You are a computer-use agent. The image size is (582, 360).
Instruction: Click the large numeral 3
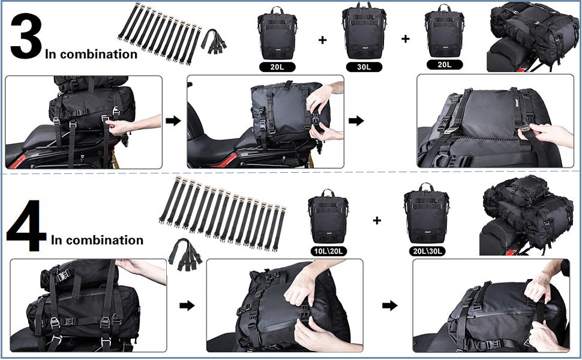[x=25, y=36]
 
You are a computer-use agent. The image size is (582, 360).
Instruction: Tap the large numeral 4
[x=26, y=226]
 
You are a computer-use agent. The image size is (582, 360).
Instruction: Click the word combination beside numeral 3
[x=99, y=54]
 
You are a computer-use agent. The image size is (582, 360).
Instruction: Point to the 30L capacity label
[x=364, y=67]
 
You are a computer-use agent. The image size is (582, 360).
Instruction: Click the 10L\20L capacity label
[x=328, y=251]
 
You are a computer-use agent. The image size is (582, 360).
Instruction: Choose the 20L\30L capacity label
[x=427, y=251]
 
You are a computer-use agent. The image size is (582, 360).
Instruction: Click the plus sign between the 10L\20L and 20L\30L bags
[x=377, y=220]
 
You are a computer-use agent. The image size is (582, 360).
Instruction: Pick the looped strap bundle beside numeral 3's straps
[x=214, y=41]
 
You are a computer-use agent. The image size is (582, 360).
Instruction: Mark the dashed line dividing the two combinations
[x=291, y=172]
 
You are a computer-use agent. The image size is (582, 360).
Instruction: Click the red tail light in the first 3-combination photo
[x=16, y=160]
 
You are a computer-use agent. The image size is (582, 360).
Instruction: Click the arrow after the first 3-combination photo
[x=173, y=121]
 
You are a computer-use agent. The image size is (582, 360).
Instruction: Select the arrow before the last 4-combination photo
[x=390, y=305]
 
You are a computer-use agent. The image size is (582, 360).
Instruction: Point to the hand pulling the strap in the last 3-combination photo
[x=544, y=135]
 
